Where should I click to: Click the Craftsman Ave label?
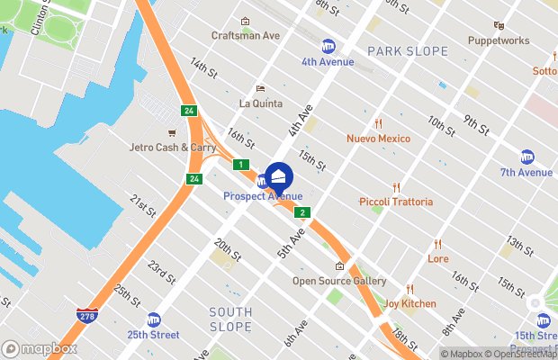pyautogui.click(x=246, y=35)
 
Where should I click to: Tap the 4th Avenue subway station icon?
pyautogui.click(x=328, y=46)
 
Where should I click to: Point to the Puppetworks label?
pyautogui.click(x=498, y=40)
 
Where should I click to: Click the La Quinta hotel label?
pyautogui.click(x=261, y=103)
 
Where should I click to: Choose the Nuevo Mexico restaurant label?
pyautogui.click(x=378, y=139)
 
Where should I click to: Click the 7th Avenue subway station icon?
pyautogui.click(x=528, y=157)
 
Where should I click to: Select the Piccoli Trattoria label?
pyautogui.click(x=395, y=202)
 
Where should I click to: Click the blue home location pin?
pyautogui.click(x=279, y=175)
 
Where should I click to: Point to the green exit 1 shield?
pyautogui.click(x=240, y=165)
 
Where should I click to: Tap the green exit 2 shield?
pyautogui.click(x=303, y=213)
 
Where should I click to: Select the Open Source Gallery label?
pyautogui.click(x=339, y=281)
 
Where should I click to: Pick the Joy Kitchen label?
pyautogui.click(x=409, y=303)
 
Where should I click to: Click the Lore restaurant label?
pyautogui.click(x=438, y=258)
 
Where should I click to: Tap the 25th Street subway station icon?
pyautogui.click(x=154, y=319)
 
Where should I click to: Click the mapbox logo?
pyautogui.click(x=40, y=348)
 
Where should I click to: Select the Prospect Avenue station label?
pyautogui.click(x=263, y=196)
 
